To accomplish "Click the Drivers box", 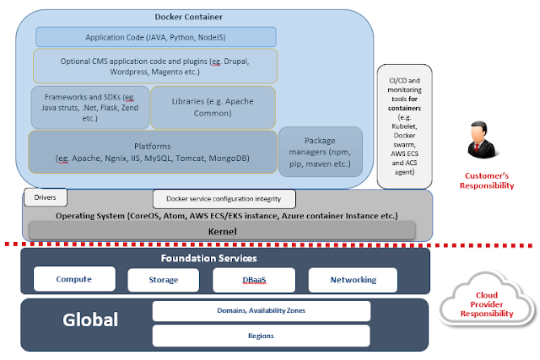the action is click(x=46, y=197).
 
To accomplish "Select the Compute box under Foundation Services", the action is click(x=74, y=279).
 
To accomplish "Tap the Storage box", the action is click(x=163, y=280).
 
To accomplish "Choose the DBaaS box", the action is click(x=254, y=280).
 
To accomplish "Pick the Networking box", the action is click(x=353, y=280).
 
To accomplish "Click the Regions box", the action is click(x=261, y=336).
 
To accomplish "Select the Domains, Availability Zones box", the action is click(x=262, y=311).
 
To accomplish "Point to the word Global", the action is click(x=90, y=320).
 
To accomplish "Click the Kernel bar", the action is click(x=222, y=231).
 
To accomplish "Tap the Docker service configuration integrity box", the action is click(x=224, y=199).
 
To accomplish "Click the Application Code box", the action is click(x=155, y=37).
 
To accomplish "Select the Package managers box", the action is click(x=321, y=152).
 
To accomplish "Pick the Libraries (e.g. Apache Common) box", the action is click(x=213, y=107).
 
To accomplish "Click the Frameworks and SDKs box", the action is click(x=90, y=107).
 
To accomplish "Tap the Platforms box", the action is click(x=153, y=152).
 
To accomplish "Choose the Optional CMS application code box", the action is click(x=155, y=66).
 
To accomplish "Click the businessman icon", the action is click(x=482, y=140).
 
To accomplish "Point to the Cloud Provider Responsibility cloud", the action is click(x=487, y=299).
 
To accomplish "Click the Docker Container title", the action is click(x=188, y=17).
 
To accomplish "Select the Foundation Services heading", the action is click(x=208, y=258).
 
